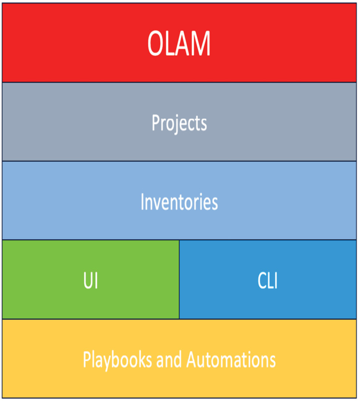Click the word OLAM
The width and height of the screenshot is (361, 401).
coord(179,43)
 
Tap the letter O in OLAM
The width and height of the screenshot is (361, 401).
coord(156,43)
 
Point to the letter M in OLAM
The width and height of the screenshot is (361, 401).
coord(200,43)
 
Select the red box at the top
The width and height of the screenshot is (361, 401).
coord(179,43)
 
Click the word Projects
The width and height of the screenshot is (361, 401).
coord(179,123)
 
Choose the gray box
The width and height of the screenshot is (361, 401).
coord(179,122)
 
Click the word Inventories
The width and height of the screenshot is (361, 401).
coord(179,202)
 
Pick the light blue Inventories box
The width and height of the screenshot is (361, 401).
coord(179,200)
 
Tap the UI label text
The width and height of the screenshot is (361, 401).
coord(91,280)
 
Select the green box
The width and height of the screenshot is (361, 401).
coord(91,280)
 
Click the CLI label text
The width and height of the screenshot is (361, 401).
coord(267,280)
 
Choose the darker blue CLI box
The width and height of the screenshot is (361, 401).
coord(268,280)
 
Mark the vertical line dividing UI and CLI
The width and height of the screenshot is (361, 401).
coord(179,280)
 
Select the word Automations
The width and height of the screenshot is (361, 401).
coord(231,359)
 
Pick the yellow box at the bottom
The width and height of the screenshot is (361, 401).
coord(179,358)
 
